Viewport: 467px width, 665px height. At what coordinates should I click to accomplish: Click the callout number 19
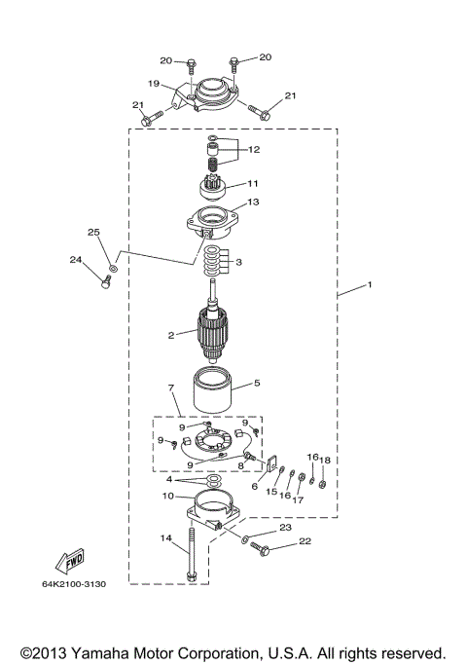pyautogui.click(x=154, y=84)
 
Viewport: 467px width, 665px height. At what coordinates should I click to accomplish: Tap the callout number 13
pyautogui.click(x=253, y=203)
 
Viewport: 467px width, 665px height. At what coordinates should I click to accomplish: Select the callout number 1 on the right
pyautogui.click(x=369, y=287)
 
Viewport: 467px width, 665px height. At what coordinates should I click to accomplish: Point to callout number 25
pyautogui.click(x=94, y=232)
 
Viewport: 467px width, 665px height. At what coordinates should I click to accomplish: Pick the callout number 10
pyautogui.click(x=167, y=497)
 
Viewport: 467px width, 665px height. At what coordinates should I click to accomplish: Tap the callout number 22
pyautogui.click(x=305, y=541)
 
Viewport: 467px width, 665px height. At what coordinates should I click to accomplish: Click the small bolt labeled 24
pyautogui.click(x=108, y=283)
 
